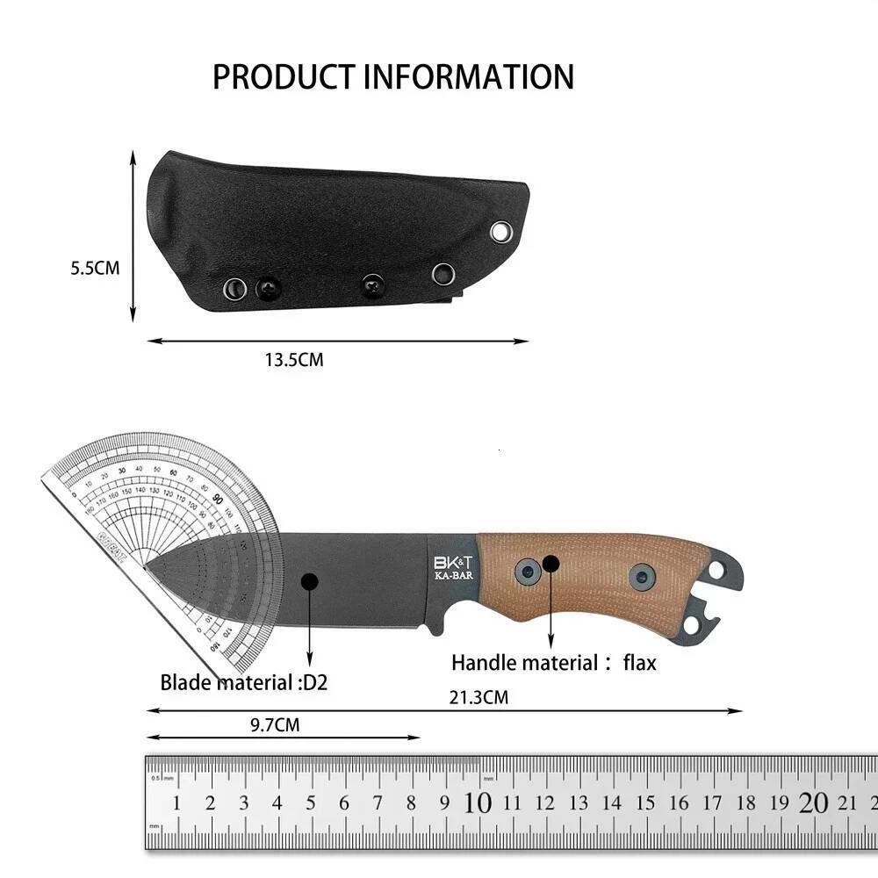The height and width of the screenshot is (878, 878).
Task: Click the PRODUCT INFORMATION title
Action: [x=392, y=77]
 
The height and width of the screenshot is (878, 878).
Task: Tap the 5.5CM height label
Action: [x=95, y=269]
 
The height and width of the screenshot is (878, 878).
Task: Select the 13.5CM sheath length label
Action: [x=293, y=360]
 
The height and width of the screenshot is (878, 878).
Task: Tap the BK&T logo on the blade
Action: [x=452, y=561]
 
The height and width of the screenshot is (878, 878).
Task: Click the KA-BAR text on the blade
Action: [x=452, y=577]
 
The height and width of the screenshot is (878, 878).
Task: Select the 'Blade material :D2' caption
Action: [x=243, y=682]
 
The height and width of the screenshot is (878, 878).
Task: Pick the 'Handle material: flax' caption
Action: [x=553, y=662]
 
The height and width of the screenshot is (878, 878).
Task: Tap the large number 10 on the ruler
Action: [x=478, y=802]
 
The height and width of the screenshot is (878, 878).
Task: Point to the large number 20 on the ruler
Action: [x=814, y=802]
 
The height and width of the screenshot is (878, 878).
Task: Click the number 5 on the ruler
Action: [x=311, y=802]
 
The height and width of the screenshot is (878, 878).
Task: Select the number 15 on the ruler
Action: [x=645, y=802]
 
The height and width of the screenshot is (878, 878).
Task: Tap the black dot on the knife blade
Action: [x=309, y=581]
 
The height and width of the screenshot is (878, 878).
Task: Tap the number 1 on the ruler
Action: [x=176, y=802]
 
